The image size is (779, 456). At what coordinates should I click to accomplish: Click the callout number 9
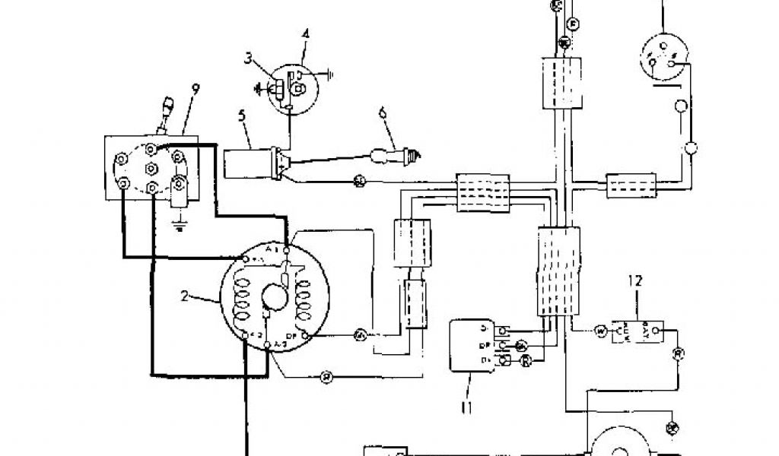coord(196,89)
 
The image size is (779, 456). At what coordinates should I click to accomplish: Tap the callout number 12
coord(635,280)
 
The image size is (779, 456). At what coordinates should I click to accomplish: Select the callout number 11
coord(466,408)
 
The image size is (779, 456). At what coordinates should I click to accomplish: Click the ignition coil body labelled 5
coord(248,161)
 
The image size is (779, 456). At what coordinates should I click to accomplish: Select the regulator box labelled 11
coord(472,347)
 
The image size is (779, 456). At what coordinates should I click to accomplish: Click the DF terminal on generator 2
coord(304,335)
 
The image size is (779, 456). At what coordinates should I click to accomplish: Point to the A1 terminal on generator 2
coord(285,249)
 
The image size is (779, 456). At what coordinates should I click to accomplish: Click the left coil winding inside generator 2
coord(242,295)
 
